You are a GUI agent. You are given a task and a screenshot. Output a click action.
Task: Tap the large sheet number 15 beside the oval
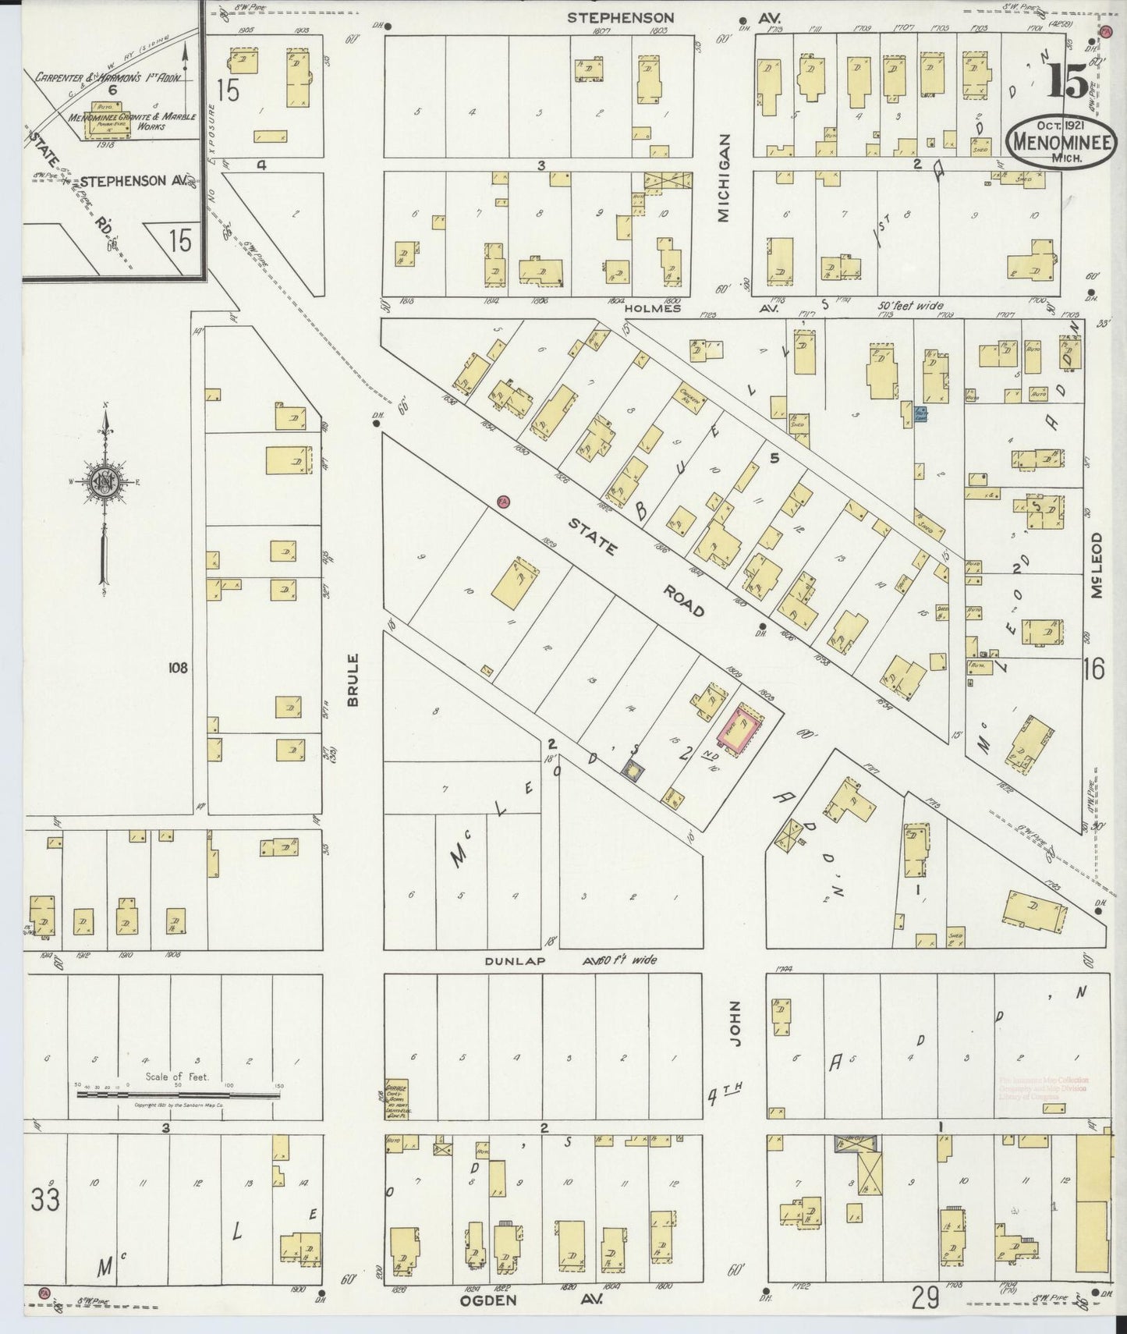point(1068,80)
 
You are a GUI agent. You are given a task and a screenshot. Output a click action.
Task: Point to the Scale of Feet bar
point(178,1095)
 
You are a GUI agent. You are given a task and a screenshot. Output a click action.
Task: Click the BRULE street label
point(353,680)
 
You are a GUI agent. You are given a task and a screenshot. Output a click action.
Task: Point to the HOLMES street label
point(651,308)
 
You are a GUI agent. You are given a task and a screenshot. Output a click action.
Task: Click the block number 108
point(176,668)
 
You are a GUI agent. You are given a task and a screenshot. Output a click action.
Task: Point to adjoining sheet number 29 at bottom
point(926,1299)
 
